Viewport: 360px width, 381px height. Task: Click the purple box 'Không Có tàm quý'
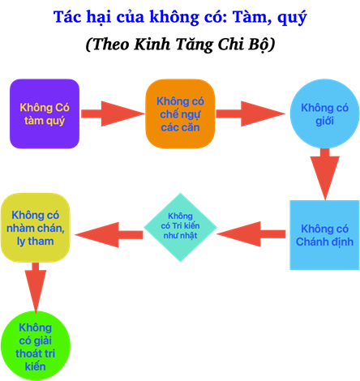pyautogui.click(x=45, y=113)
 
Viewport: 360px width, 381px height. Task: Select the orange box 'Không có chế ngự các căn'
pyautogui.click(x=180, y=113)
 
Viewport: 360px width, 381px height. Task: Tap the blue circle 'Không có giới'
pyautogui.click(x=324, y=113)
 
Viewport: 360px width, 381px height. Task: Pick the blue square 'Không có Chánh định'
pyautogui.click(x=324, y=235)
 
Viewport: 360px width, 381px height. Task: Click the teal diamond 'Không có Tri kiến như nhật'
pyautogui.click(x=180, y=227)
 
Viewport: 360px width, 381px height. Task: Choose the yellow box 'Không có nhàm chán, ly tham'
pyautogui.click(x=36, y=228)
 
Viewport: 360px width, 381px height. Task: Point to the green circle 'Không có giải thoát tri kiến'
pyautogui.click(x=36, y=345)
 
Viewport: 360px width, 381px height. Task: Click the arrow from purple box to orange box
pyautogui.click(x=113, y=113)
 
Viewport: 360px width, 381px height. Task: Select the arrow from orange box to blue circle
pyautogui.click(x=251, y=113)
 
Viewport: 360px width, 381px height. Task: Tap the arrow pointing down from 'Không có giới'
pyautogui.click(x=324, y=174)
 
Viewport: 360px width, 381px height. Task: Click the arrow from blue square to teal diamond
pyautogui.click(x=251, y=234)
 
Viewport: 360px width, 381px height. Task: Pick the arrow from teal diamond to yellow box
pyautogui.click(x=109, y=235)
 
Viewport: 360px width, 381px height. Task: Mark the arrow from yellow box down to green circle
pyautogui.click(x=36, y=288)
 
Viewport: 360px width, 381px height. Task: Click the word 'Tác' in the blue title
pyautogui.click(x=67, y=16)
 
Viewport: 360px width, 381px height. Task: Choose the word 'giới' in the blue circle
pyautogui.click(x=324, y=121)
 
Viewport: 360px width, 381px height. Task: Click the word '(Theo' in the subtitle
pyautogui.click(x=107, y=45)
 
